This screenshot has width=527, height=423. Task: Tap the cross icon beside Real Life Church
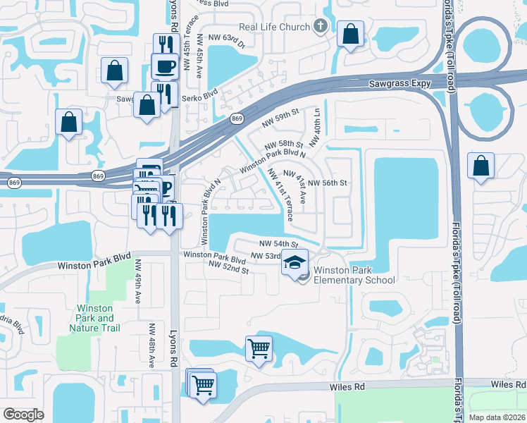[321, 27]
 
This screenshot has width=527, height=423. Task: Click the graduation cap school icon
[294, 264]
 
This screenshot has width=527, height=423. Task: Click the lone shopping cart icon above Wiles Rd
[259, 348]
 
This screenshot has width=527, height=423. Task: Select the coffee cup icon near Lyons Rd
[166, 67]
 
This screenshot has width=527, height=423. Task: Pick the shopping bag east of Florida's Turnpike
[480, 167]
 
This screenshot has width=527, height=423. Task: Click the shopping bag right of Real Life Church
[350, 34]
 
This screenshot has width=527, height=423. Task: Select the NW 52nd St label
[229, 266]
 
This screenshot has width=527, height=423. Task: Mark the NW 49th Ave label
[137, 282]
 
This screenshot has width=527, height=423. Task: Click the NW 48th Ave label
[151, 345]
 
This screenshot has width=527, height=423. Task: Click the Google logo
[23, 414]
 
